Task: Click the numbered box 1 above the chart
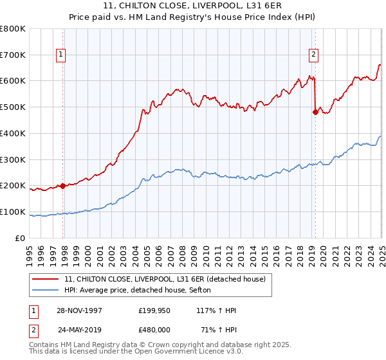60,55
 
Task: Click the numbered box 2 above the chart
313,55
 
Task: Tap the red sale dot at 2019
315,112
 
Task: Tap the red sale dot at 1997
63,186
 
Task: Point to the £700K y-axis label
13,55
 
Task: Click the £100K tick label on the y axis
13,212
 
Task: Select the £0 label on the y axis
21,238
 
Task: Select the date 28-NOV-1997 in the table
79,310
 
